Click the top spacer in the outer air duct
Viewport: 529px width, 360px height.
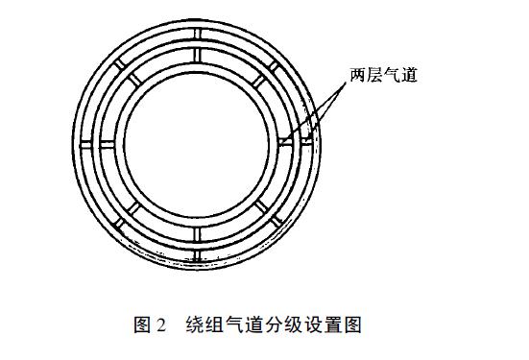click(x=196, y=28)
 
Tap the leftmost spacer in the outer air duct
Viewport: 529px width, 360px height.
click(x=83, y=141)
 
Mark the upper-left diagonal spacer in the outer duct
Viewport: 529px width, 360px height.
click(x=116, y=61)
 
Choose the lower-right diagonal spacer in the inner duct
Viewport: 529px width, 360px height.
click(x=257, y=204)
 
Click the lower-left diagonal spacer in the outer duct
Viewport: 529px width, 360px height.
click(x=116, y=221)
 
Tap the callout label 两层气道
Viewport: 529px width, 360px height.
click(x=384, y=73)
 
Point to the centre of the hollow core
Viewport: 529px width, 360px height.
click(x=196, y=141)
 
